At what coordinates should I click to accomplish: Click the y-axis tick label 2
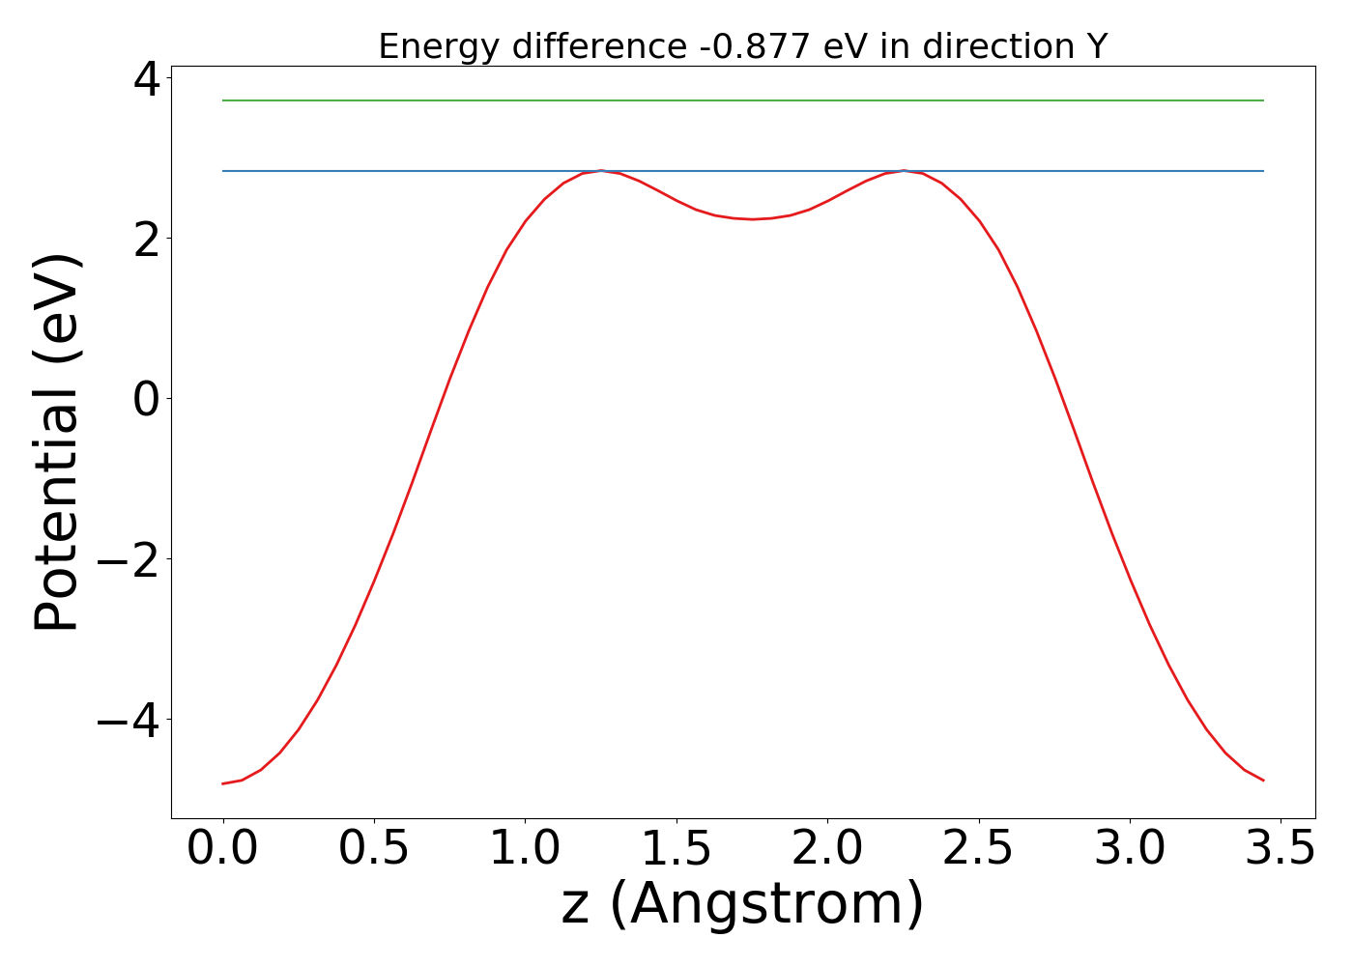[147, 239]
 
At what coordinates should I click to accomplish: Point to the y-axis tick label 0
[147, 399]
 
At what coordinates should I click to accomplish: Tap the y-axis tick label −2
[132, 560]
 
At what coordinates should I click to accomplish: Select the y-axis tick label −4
[132, 721]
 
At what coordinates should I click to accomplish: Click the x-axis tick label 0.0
[223, 849]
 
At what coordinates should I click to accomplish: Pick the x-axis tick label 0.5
[374, 849]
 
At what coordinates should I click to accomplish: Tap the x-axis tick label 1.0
[525, 849]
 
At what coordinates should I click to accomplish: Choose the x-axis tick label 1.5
[676, 849]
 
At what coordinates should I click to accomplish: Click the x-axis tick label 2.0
[827, 849]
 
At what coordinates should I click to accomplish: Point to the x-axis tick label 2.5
[978, 849]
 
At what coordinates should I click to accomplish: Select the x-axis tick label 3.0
[1130, 849]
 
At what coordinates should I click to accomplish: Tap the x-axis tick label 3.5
[1281, 849]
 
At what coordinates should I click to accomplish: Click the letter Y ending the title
[1096, 46]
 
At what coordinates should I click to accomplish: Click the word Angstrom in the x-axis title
[765, 905]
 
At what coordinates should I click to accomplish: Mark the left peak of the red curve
[601, 171]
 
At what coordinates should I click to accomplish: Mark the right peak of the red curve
[904, 171]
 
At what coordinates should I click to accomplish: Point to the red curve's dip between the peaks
[752, 219]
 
